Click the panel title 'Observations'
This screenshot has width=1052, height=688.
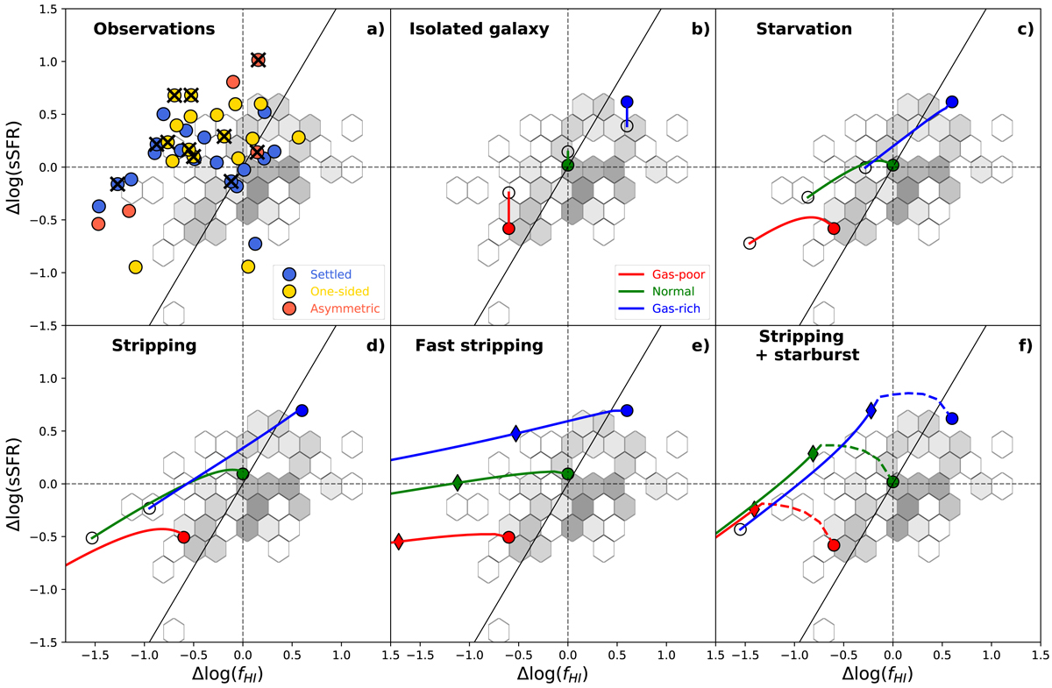coord(154,29)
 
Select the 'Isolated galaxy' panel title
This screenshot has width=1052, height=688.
coord(479,29)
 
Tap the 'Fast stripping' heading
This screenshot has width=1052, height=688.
coord(480,345)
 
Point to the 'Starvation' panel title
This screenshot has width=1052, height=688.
coord(804,29)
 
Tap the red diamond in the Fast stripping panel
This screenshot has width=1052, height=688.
coord(399,542)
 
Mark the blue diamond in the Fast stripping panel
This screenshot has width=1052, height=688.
coord(515,433)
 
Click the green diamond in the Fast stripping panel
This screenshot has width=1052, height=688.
coord(457,482)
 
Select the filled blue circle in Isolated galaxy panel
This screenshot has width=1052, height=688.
coord(627,102)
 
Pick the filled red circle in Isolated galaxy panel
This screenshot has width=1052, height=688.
coord(508,228)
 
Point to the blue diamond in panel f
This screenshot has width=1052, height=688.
coord(871,410)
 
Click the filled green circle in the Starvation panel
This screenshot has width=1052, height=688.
coord(893,165)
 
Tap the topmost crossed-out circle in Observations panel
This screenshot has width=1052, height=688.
coord(258,60)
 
